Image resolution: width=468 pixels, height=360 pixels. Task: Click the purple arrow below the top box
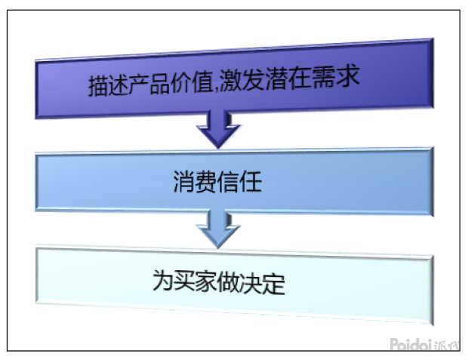coord(218,130)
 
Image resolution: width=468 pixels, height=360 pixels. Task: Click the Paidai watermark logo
coord(411,345)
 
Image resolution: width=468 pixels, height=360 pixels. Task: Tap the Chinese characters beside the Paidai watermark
coord(447,346)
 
